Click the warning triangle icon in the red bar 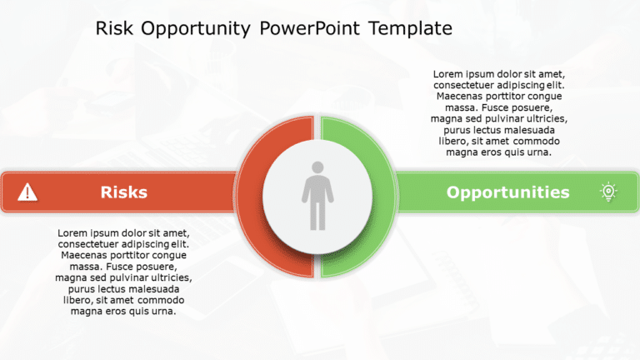click(x=28, y=192)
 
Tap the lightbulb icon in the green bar click(x=608, y=192)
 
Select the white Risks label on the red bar click(x=123, y=192)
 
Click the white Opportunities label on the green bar click(x=507, y=192)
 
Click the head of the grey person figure click(x=317, y=167)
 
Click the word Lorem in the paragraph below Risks click(x=73, y=232)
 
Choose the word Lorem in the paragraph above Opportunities click(x=449, y=74)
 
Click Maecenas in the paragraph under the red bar click(x=83, y=255)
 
